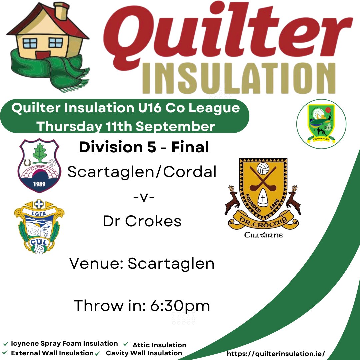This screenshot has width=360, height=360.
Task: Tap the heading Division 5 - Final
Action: tap(144, 148)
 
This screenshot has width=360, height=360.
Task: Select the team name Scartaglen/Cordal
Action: tap(142, 172)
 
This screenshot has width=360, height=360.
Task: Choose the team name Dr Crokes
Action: tap(142, 221)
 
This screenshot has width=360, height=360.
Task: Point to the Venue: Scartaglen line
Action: tap(142, 263)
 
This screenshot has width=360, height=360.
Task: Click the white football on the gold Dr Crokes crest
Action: tap(263, 168)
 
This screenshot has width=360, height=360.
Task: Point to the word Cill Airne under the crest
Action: tap(263, 235)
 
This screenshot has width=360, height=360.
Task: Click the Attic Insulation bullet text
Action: tap(159, 345)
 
